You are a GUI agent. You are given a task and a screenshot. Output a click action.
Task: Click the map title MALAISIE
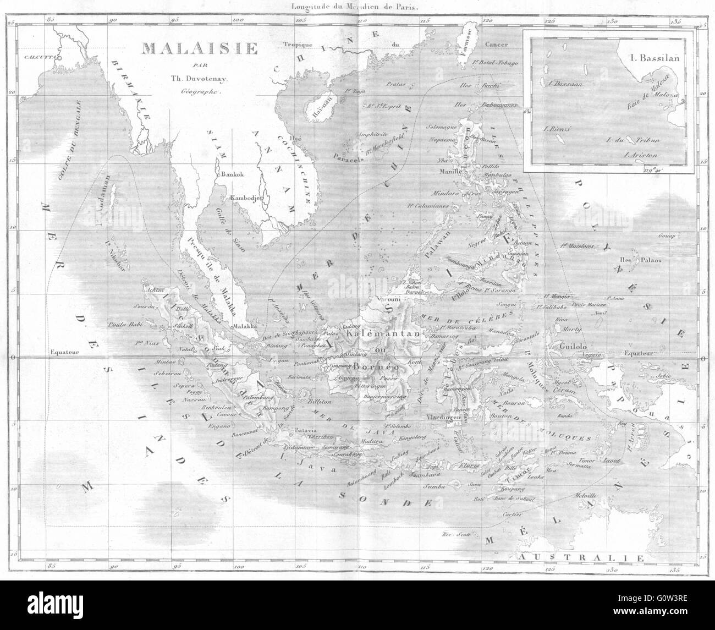(200, 49)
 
